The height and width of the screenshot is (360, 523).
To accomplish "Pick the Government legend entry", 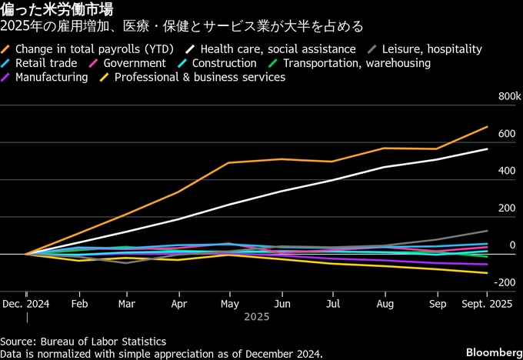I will (134, 63).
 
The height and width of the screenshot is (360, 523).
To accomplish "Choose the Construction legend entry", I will (224, 63).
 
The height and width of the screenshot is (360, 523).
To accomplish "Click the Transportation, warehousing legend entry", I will (356, 63).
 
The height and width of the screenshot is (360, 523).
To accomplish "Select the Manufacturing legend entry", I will (51, 77).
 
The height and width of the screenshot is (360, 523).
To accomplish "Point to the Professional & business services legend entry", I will (199, 77).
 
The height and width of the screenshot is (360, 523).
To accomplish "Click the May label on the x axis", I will (230, 304).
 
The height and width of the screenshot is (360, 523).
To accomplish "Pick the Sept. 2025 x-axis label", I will (487, 304).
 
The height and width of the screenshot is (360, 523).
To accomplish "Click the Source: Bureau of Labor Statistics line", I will (83, 341).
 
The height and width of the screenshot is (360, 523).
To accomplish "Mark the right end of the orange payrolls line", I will (488, 126).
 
